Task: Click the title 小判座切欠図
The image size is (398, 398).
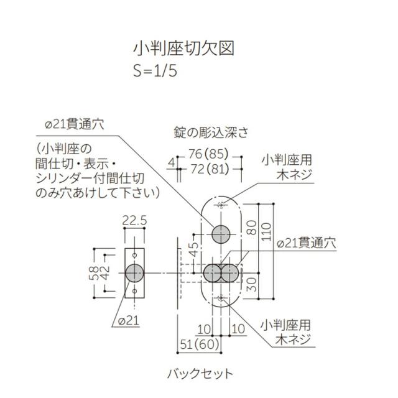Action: (183, 49)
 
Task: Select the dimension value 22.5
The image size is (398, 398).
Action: (134, 220)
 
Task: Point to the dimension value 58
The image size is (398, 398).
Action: (94, 273)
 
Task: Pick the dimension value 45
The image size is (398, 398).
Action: (194, 249)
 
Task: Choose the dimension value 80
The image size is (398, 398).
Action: (251, 228)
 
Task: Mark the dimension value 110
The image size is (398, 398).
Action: (266, 232)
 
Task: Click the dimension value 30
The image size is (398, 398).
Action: (251, 284)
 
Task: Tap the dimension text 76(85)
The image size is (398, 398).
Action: (208, 154)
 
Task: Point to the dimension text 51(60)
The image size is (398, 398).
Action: (200, 345)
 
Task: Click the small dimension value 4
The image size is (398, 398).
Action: (172, 162)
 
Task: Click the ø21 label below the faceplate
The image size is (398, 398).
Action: (129, 321)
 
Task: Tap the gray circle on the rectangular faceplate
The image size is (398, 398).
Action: (134, 273)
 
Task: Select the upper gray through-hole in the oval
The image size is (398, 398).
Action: (221, 234)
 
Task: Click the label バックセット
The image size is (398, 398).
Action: (200, 374)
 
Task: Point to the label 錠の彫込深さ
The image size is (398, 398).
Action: (211, 133)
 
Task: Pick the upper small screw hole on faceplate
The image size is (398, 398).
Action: (134, 255)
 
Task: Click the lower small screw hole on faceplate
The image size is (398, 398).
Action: (134, 291)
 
